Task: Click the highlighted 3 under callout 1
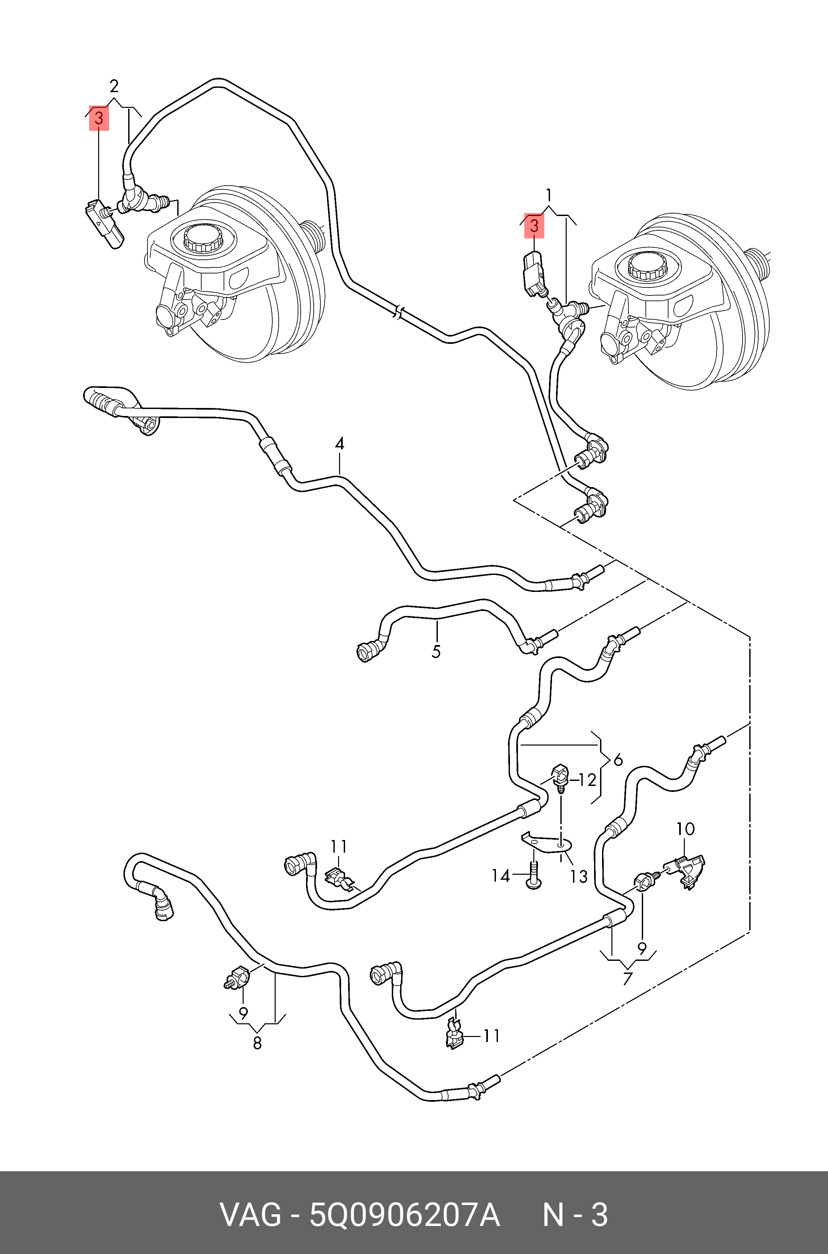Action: click(x=534, y=226)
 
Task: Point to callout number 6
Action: click(x=618, y=760)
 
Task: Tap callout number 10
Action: click(x=685, y=829)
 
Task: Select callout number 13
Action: click(x=579, y=877)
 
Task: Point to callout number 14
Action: click(x=501, y=876)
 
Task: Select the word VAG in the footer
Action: click(x=250, y=1216)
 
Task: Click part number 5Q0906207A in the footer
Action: click(x=404, y=1216)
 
